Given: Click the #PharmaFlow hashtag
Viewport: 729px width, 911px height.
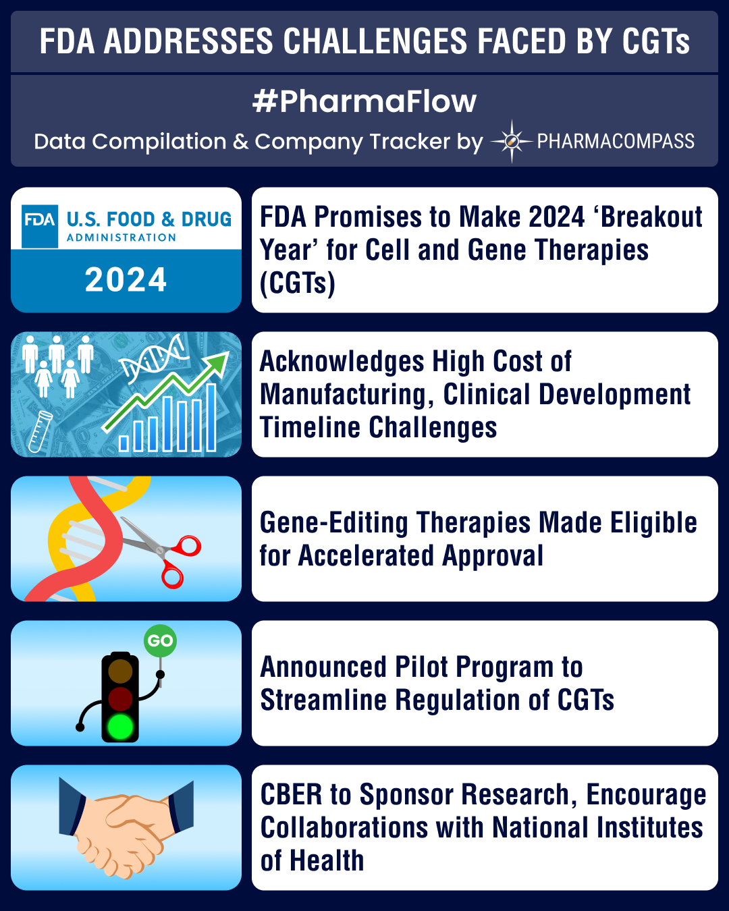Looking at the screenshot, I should pyautogui.click(x=364, y=101).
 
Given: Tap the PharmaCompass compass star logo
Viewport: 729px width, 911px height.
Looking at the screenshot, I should pyautogui.click(x=512, y=142).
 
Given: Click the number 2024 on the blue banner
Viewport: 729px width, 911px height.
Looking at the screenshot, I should pyautogui.click(x=126, y=280).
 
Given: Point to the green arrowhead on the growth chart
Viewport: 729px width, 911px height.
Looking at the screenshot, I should pyautogui.click(x=218, y=364).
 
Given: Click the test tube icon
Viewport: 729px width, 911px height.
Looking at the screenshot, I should pyautogui.click(x=40, y=431).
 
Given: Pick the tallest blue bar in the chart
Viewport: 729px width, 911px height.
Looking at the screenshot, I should pyautogui.click(x=211, y=417).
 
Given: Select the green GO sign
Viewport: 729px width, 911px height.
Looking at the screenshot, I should pyautogui.click(x=161, y=640).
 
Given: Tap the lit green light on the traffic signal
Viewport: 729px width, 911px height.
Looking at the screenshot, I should pyautogui.click(x=120, y=726).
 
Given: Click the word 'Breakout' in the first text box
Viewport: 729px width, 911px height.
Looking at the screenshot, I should pyautogui.click(x=652, y=217).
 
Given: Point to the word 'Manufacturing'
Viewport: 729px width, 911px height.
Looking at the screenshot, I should pyautogui.click(x=343, y=395).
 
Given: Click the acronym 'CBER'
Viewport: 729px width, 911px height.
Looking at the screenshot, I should pyautogui.click(x=291, y=795).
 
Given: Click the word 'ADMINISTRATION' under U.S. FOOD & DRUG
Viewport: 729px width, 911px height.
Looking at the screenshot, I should pyautogui.click(x=122, y=238).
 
